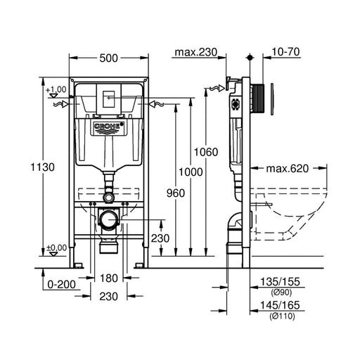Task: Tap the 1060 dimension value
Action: [x=207, y=152]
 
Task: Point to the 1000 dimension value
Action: [x=191, y=172]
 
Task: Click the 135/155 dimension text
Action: [x=279, y=281]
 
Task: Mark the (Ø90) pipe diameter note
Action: [x=279, y=291]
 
